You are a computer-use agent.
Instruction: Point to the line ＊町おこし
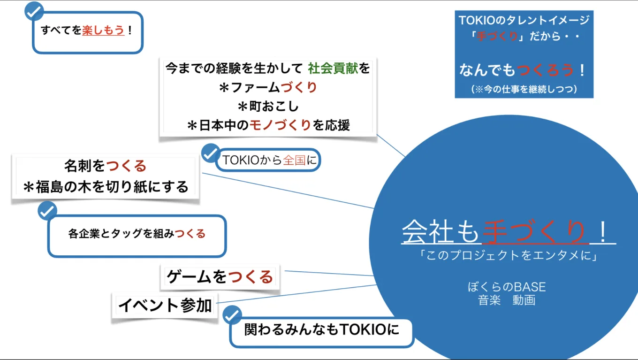tap(268, 107)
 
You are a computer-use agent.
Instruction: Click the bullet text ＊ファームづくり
tap(268, 87)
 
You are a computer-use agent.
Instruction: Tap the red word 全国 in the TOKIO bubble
tap(295, 161)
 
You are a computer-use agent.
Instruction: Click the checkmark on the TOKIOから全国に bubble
tap(211, 153)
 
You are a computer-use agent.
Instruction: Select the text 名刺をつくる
tap(106, 166)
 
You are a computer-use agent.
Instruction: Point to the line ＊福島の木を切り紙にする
tap(106, 187)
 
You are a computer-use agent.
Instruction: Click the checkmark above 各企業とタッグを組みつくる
tap(47, 211)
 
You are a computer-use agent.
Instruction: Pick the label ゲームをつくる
tap(220, 277)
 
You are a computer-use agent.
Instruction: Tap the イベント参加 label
tap(165, 306)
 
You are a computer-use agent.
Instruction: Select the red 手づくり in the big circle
tap(534, 232)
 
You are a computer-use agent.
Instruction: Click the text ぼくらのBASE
tap(507, 286)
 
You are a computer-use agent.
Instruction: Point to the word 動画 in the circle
tap(524, 300)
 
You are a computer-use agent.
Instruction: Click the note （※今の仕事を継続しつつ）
tap(524, 89)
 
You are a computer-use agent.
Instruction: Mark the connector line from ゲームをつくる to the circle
tap(328, 273)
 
